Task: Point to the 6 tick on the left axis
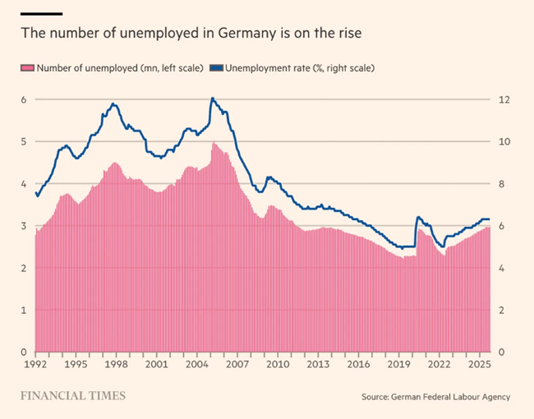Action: coord(24,99)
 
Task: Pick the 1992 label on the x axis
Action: coord(35,363)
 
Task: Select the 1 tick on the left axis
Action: coord(24,311)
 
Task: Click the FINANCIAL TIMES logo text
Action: coord(73,396)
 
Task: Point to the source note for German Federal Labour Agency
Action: coord(435,397)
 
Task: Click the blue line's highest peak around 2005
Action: coord(212,99)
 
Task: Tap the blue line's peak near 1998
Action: coord(113,104)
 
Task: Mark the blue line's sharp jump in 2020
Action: coord(417,218)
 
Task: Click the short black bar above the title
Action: coord(41,13)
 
